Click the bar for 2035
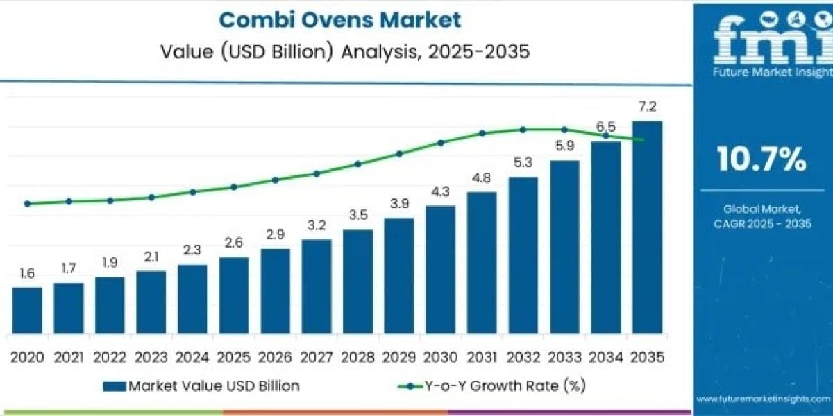pyautogui.click(x=647, y=227)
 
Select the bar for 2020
pyautogui.click(x=27, y=311)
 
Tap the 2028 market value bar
pyautogui.click(x=357, y=281)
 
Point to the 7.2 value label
pyautogui.click(x=648, y=107)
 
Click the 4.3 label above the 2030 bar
pyautogui.click(x=441, y=191)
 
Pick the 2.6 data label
pyautogui.click(x=233, y=243)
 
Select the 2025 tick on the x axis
pyautogui.click(x=233, y=357)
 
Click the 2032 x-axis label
pyautogui.click(x=523, y=357)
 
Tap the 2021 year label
pyautogui.click(x=69, y=357)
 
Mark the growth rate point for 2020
pyautogui.click(x=27, y=204)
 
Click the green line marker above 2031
pyautogui.click(x=482, y=133)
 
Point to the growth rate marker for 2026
pyautogui.click(x=275, y=180)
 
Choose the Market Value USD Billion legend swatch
pyautogui.click(x=115, y=386)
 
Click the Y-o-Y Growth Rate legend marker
pyautogui.click(x=410, y=386)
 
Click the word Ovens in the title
pyautogui.click(x=337, y=20)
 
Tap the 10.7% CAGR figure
pyautogui.click(x=762, y=159)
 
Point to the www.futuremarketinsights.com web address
pyautogui.click(x=763, y=399)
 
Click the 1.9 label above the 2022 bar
pyautogui.click(x=110, y=263)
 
